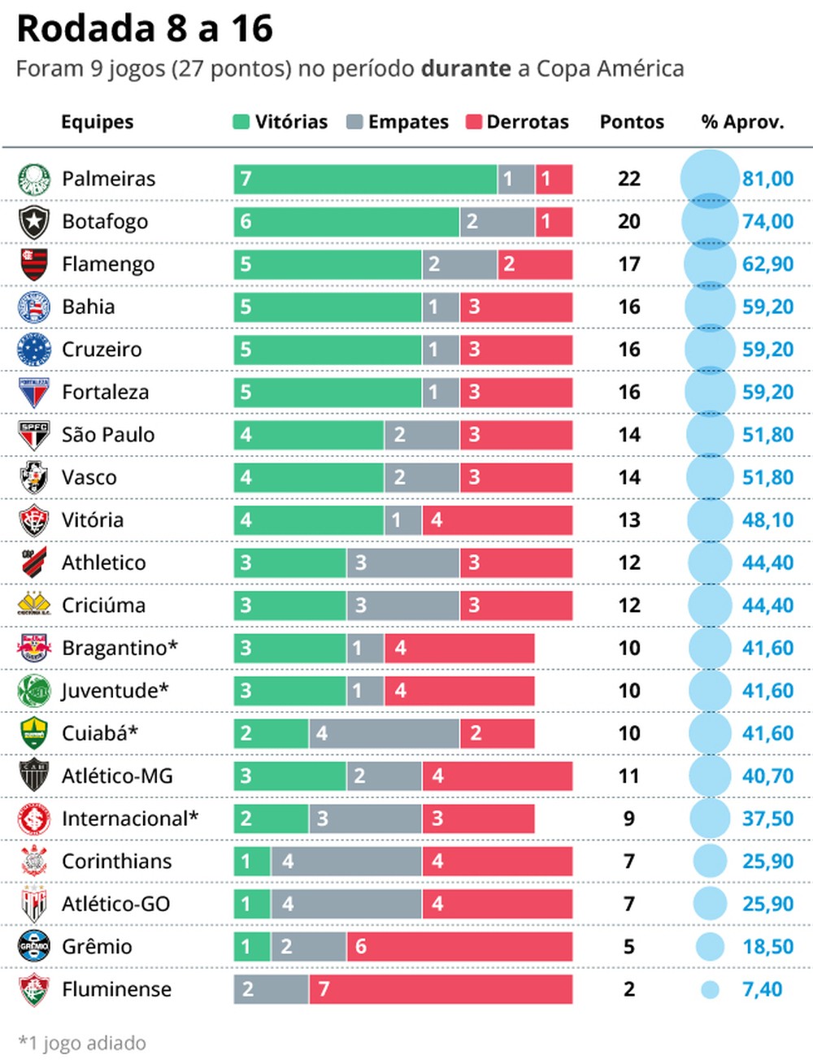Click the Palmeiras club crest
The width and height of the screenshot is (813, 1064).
click(x=34, y=179)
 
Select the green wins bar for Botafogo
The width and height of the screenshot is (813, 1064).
click(x=346, y=222)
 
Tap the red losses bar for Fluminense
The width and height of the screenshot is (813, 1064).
click(x=441, y=989)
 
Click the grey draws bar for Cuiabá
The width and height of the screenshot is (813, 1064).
click(x=384, y=733)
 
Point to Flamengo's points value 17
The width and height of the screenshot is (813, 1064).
click(x=629, y=264)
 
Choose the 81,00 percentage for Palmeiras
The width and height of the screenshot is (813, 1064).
click(x=767, y=179)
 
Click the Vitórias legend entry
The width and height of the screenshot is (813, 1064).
click(x=280, y=122)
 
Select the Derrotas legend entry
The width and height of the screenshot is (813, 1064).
click(x=518, y=122)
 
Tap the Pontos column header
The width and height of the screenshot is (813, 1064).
click(x=632, y=122)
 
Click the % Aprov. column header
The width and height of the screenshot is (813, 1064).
click(x=742, y=122)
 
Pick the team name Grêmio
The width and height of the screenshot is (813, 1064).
click(x=97, y=947)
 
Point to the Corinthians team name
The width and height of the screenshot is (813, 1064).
click(x=116, y=862)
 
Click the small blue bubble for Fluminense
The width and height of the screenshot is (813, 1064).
click(x=710, y=989)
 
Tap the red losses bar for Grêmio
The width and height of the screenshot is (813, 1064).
click(x=459, y=947)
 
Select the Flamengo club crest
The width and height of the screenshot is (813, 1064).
click(x=34, y=264)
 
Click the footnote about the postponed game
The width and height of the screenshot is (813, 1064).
click(x=82, y=1043)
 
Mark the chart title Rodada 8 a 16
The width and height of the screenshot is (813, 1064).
click(x=145, y=28)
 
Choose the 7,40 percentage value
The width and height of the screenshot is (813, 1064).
click(x=762, y=989)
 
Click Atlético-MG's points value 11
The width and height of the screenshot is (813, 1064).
click(x=629, y=776)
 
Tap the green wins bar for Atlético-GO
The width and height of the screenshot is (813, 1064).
click(x=252, y=904)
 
